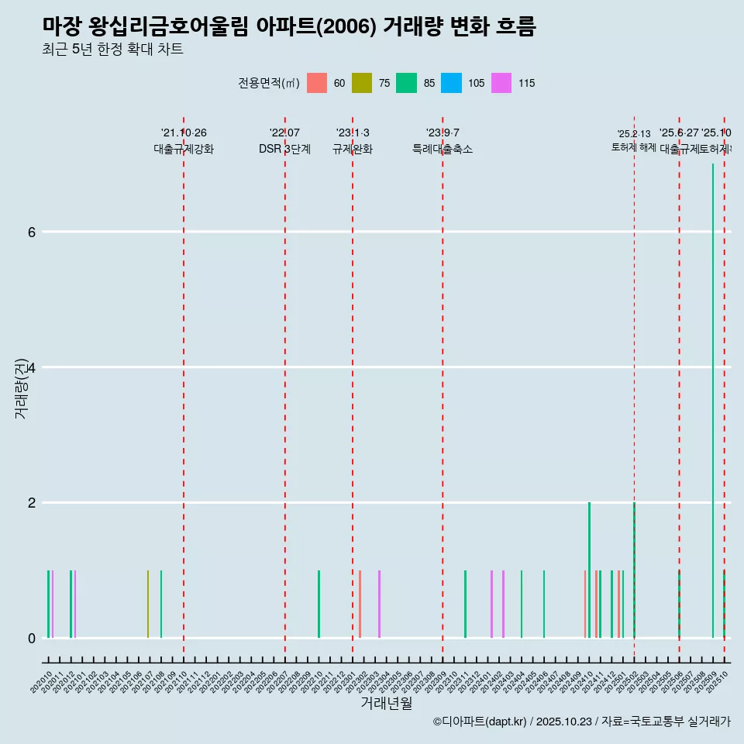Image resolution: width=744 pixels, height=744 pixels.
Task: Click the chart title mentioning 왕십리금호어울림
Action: coord(288,26)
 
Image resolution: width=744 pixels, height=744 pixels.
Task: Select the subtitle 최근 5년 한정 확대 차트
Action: coord(112,50)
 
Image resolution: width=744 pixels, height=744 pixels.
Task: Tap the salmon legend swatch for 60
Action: coord(317,83)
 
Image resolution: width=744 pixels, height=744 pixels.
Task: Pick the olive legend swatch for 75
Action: coord(362,83)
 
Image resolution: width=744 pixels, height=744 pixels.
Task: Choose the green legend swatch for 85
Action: coord(406,83)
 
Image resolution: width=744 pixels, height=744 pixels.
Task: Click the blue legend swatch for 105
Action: coord(451,83)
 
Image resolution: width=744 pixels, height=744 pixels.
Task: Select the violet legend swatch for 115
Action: coord(501,83)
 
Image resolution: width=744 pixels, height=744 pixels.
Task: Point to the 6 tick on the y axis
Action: coord(31,232)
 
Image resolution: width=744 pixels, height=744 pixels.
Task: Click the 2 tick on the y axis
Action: coord(31,503)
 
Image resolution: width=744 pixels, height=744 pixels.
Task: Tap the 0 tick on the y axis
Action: coord(31,639)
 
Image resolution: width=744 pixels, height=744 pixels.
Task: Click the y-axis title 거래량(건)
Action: coord(21,387)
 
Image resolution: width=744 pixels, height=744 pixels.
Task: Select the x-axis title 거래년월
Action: coord(386,703)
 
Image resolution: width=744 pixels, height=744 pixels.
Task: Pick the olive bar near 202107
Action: coord(148,604)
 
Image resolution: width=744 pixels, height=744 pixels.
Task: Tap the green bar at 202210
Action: coord(319,604)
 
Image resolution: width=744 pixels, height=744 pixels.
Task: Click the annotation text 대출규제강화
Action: coord(184,149)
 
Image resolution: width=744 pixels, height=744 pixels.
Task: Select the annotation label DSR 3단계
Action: coord(284,149)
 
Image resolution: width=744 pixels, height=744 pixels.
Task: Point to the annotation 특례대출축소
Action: coord(443,149)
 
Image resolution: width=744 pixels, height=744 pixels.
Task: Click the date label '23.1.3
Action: coord(353,133)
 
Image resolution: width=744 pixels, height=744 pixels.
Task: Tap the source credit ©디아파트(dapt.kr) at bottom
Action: coord(480,722)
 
